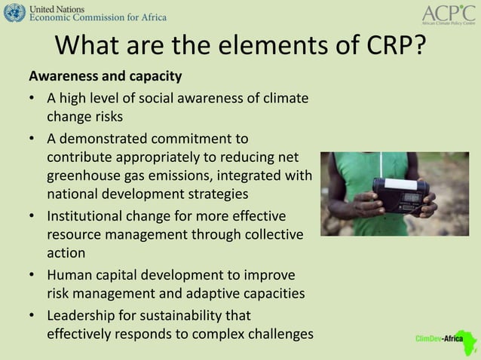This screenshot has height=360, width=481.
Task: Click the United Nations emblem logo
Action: coord(14,13)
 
